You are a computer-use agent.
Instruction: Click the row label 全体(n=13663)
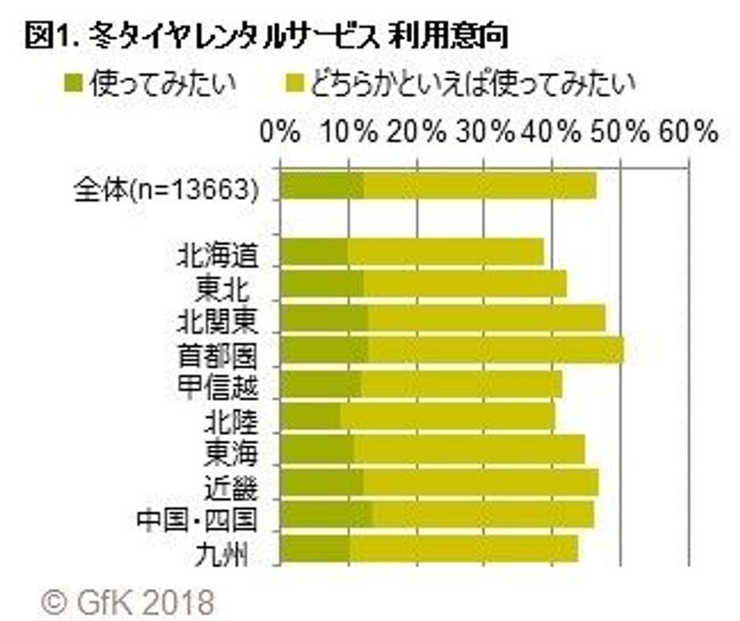167,189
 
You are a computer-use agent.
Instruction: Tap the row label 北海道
217,255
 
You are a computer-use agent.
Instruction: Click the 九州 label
229,552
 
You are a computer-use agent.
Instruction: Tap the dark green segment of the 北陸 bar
310,416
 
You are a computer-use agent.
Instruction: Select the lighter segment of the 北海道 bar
445,253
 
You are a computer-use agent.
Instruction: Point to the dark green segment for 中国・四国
326,514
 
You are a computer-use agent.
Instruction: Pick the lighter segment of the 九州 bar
463,548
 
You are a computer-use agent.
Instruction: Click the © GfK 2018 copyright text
129,602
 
